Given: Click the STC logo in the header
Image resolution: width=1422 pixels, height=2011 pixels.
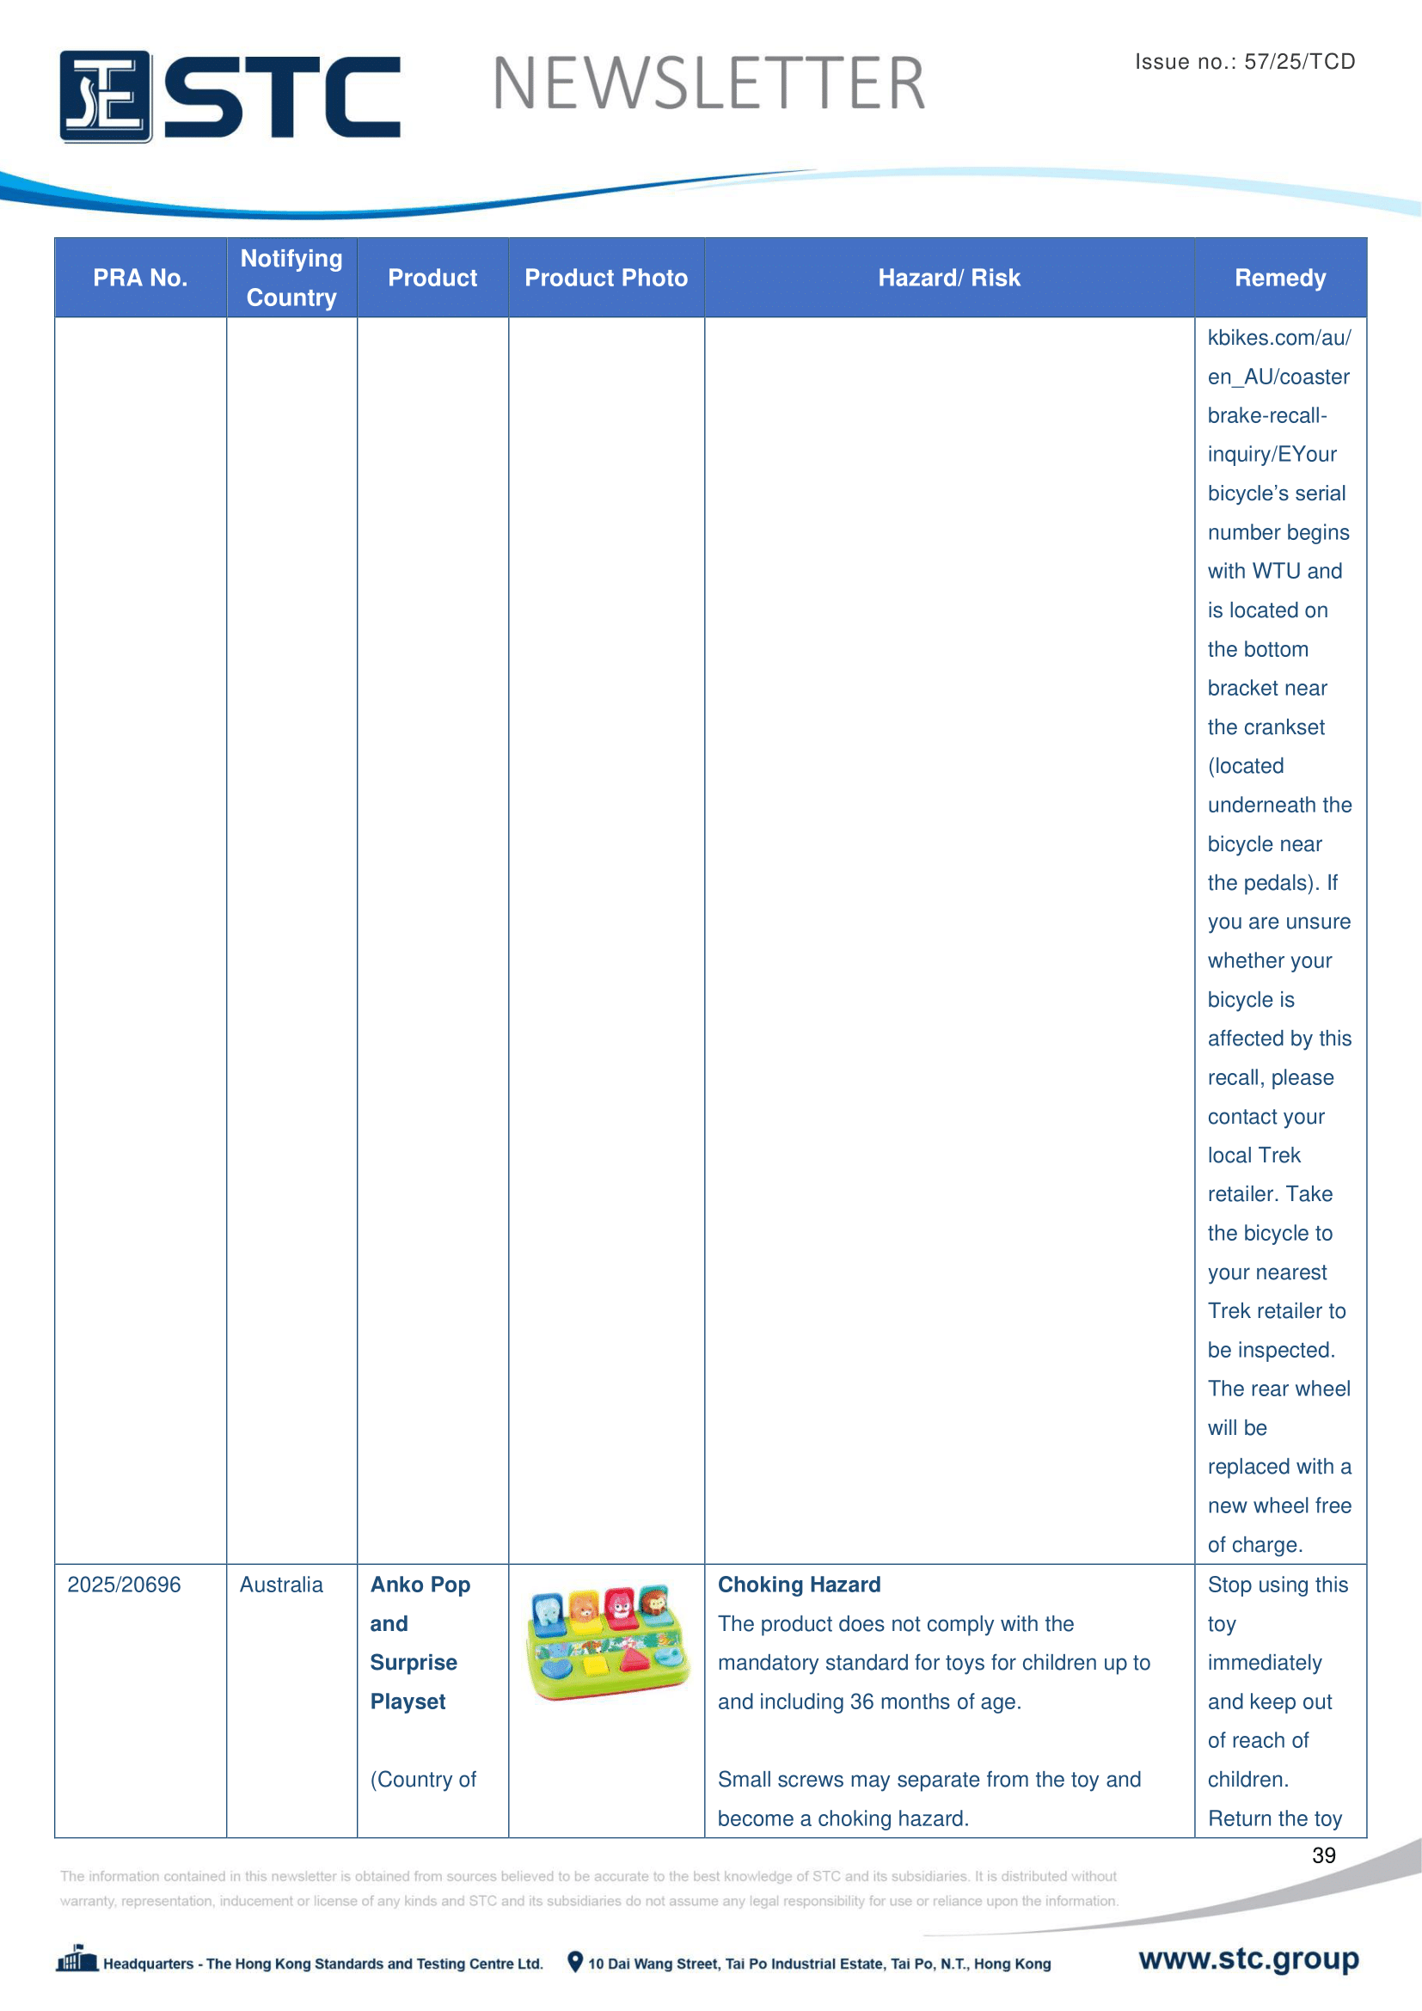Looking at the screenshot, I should tap(230, 96).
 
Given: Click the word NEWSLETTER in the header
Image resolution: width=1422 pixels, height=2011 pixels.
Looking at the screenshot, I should tap(708, 84).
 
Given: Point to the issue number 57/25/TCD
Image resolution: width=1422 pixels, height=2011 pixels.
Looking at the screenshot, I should tap(1244, 61).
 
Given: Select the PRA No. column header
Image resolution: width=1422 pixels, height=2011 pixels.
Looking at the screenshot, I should tap(140, 278).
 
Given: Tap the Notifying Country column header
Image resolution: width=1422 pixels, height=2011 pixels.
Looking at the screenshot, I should tap(291, 278).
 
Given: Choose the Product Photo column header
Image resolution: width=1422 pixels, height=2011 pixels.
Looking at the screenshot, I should tap(606, 278).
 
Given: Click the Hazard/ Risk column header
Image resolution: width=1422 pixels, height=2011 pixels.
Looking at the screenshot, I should tap(949, 278).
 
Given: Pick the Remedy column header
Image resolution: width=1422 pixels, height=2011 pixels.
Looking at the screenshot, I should tap(1279, 278).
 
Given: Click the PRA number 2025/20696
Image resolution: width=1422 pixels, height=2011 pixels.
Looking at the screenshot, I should tap(125, 1585).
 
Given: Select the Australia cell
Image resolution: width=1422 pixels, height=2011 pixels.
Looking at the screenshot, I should tap(281, 1585).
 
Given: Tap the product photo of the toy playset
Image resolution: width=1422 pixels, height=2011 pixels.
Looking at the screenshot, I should tap(607, 1643).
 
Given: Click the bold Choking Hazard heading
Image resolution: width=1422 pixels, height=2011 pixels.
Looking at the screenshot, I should tap(799, 1585).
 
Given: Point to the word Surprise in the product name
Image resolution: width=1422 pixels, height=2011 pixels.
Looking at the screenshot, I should tap(414, 1663).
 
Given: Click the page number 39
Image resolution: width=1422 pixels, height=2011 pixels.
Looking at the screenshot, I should tap(1323, 1855).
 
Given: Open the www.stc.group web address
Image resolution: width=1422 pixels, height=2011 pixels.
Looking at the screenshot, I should tap(1248, 1959).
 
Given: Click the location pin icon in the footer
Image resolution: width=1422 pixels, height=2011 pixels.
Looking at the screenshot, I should tap(574, 1962).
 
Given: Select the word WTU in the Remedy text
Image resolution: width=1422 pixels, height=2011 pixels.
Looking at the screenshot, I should tap(1277, 571).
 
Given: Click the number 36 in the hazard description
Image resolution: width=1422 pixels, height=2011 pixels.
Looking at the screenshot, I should tap(861, 1701).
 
